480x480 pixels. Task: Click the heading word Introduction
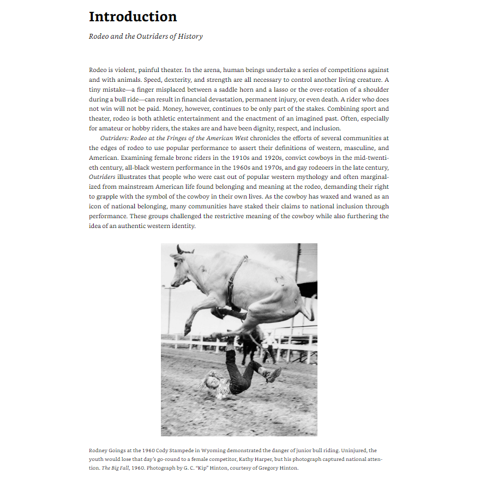(x=133, y=17)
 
